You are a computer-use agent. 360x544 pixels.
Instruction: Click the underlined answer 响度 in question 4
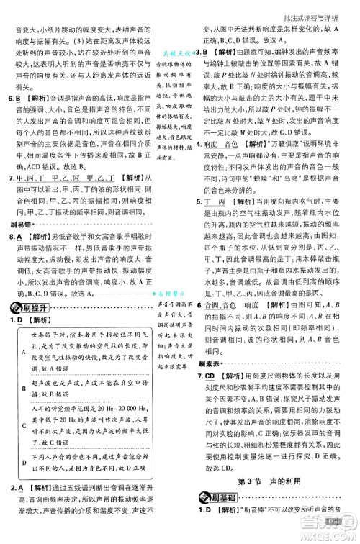point(211,163)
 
